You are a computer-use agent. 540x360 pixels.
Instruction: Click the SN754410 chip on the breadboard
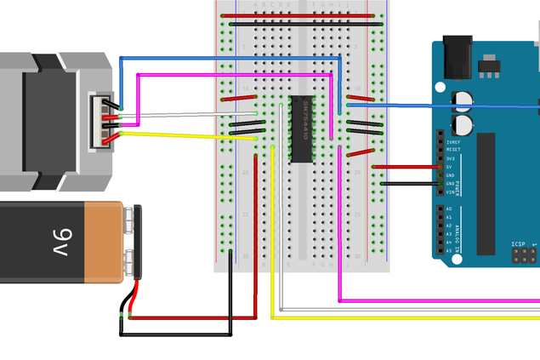pyautogui.click(x=301, y=129)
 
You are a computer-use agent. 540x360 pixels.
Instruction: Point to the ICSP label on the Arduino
pyautogui.click(x=518, y=243)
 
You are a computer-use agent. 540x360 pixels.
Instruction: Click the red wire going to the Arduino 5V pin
pyautogui.click(x=408, y=167)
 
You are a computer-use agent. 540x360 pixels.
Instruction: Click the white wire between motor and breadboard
pyautogui.click(x=187, y=113)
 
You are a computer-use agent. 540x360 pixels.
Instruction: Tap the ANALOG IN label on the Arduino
pyautogui.click(x=461, y=230)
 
